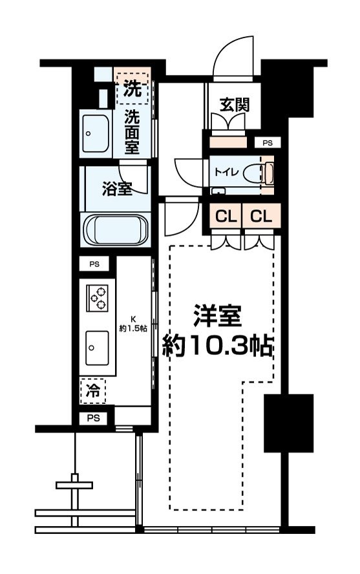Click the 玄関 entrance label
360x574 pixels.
[234, 105]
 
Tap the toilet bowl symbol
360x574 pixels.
[259, 173]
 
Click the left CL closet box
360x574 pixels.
[226, 217]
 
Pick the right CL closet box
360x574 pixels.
[261, 217]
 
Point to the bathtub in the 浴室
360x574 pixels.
[116, 229]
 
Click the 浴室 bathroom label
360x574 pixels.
[117, 189]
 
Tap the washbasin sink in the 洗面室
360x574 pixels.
[96, 134]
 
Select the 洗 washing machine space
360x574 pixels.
[132, 88]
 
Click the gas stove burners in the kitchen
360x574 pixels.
[98, 299]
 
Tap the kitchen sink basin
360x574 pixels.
[97, 348]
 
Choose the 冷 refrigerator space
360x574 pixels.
[93, 391]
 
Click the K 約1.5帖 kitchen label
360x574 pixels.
[133, 324]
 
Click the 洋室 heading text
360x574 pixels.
[218, 315]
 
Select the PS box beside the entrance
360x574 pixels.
[268, 143]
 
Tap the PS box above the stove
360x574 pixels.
[94, 264]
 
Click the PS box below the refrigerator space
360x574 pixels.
[93, 418]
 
